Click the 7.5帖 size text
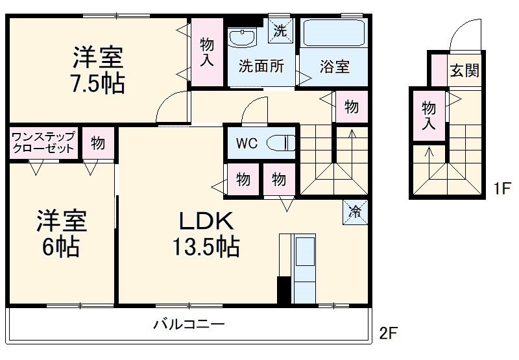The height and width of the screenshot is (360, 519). pos(97,84)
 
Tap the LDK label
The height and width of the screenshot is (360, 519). pos(206,222)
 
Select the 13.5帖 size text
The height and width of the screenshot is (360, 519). pos(206,247)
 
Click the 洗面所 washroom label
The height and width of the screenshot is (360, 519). pos(261,66)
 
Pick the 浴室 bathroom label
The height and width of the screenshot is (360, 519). pos(335,66)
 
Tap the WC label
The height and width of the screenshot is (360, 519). pos(246,143)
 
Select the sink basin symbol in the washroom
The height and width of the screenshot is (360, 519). pos(243,38)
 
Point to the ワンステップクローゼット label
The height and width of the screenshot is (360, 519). pos(43,142)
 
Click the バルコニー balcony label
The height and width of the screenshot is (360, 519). pos(189,323)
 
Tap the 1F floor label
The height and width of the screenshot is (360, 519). pos(499,190)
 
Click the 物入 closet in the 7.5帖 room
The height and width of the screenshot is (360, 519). pos(206,53)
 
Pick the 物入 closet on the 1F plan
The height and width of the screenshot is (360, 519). pos(428,115)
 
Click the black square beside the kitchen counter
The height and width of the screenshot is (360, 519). pos(284,290)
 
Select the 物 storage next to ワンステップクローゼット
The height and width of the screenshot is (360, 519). pos(97,143)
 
